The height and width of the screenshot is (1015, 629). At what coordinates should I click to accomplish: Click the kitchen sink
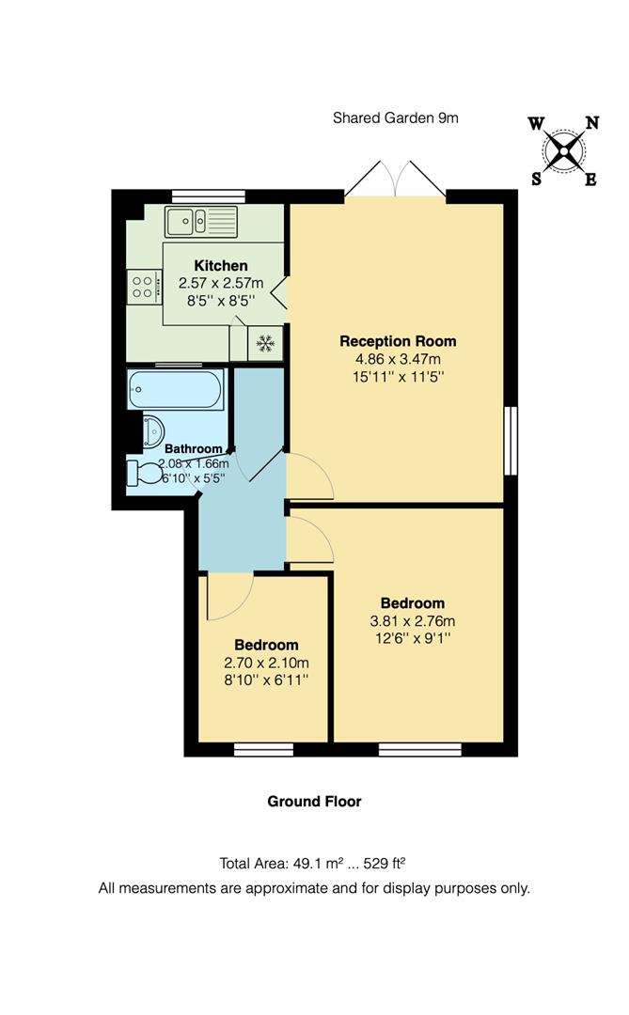[x=202, y=222]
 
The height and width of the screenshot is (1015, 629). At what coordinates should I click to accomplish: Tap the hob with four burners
[x=145, y=287]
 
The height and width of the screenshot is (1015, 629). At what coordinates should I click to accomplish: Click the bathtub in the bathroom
[x=176, y=389]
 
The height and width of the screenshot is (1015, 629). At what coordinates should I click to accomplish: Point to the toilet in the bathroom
[x=146, y=471]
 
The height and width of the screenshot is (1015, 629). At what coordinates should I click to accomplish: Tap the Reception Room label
[x=398, y=341]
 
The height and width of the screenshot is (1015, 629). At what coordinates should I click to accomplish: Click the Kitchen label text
[x=221, y=266]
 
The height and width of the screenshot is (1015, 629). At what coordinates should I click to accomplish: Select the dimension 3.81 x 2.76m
[x=412, y=620]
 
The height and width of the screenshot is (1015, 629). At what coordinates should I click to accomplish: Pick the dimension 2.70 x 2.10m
[x=266, y=663]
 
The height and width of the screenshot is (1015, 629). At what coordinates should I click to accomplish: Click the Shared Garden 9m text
[x=395, y=118]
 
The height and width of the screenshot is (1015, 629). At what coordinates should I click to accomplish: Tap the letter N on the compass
[x=592, y=122]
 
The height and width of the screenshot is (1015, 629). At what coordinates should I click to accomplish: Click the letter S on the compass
[x=536, y=180]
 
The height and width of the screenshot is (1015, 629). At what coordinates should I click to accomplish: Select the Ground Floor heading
[x=314, y=802]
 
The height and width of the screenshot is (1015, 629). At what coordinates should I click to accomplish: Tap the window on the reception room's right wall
[x=511, y=441]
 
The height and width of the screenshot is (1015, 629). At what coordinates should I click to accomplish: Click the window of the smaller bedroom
[x=262, y=749]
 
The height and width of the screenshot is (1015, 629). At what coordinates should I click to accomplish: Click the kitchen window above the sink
[x=201, y=195]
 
